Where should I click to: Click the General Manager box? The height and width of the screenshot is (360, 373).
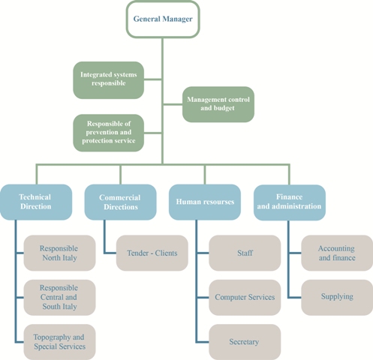(163, 19)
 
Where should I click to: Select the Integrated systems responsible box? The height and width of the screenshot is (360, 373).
(109, 80)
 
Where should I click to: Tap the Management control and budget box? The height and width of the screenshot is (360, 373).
(218, 104)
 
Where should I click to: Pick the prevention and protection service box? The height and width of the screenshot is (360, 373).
(109, 133)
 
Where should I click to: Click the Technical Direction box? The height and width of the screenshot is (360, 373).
(36, 202)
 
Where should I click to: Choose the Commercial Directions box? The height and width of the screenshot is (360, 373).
(121, 202)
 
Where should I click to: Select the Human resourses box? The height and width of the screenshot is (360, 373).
(205, 202)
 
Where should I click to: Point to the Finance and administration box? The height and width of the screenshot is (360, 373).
(290, 202)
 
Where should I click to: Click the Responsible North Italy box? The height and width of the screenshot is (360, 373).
(59, 253)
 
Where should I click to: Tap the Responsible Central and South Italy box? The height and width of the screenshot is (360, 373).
(59, 297)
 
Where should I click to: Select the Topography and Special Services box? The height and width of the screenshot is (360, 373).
(59, 342)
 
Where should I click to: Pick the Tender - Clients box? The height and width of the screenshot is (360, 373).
(152, 253)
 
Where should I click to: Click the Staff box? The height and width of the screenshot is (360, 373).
(245, 253)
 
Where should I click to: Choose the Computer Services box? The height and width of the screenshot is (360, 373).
(245, 297)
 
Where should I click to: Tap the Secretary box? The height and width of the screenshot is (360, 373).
(245, 342)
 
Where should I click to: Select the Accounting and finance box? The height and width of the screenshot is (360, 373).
(337, 253)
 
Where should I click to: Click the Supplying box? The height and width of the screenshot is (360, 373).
(337, 297)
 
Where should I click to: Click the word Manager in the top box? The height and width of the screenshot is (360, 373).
(177, 19)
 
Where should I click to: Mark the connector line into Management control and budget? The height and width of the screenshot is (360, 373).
(173, 104)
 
